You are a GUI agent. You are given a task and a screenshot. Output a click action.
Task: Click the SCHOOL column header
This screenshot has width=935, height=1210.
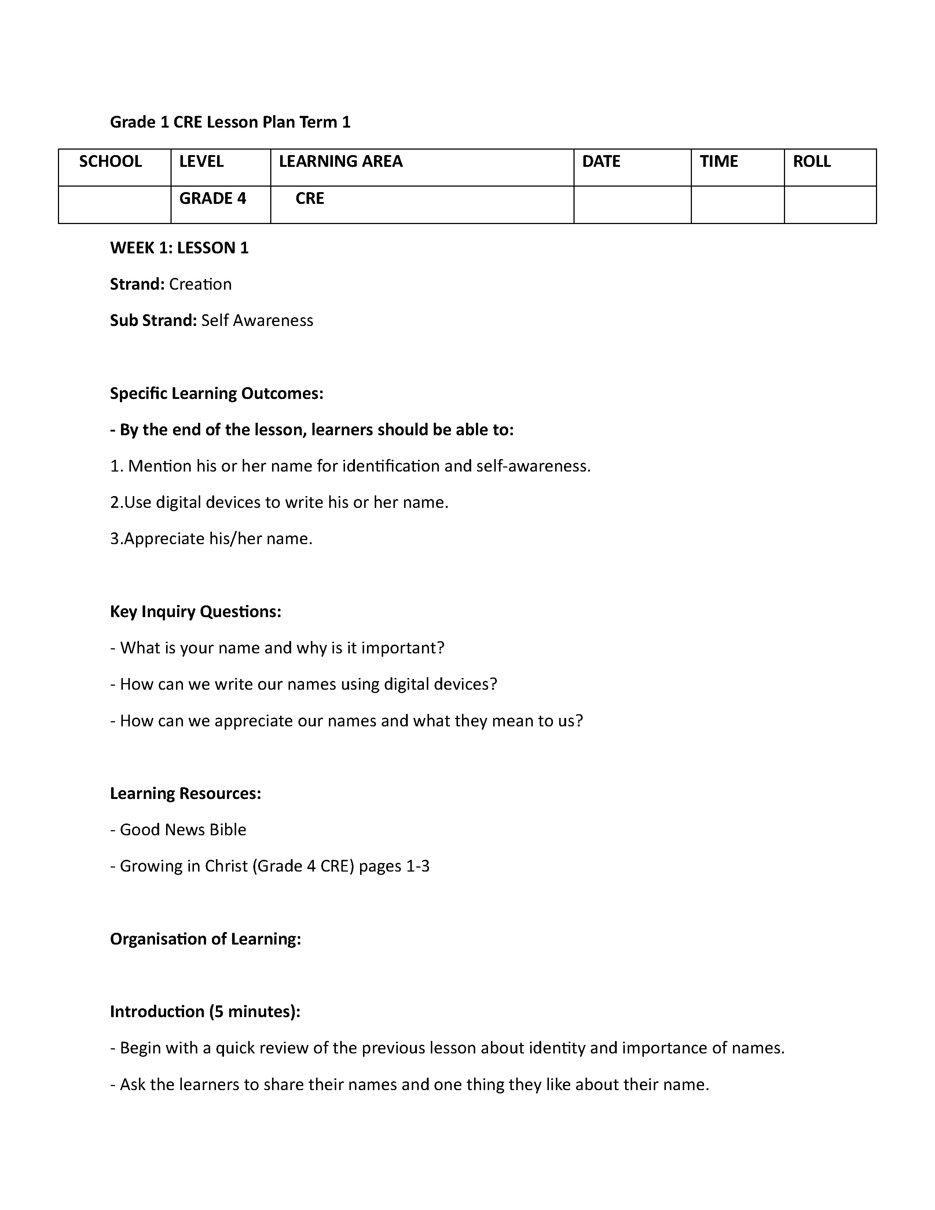pos(110,161)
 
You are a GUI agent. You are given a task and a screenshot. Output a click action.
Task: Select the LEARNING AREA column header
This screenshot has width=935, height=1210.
pos(340,161)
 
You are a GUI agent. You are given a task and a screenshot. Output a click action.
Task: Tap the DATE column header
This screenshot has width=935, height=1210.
pos(601,161)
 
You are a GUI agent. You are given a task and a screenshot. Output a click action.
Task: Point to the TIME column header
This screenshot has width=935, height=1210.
pos(718,161)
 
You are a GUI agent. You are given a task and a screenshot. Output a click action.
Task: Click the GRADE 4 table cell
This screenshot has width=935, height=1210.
pos(212,198)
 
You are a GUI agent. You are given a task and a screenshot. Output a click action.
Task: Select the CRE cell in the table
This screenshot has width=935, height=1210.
pos(309,198)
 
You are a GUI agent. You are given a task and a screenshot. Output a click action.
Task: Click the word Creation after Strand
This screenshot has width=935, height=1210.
pos(200,284)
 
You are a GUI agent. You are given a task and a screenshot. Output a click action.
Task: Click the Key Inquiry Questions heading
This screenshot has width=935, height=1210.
pos(195,612)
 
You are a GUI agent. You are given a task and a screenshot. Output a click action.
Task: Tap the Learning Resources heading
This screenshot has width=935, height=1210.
pos(185,793)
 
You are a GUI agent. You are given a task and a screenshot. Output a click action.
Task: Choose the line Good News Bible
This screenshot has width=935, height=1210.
pos(178,829)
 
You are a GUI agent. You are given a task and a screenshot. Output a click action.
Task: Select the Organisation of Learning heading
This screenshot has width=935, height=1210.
pos(205,939)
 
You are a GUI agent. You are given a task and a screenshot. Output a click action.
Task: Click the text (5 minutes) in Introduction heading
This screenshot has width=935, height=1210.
pos(254,1012)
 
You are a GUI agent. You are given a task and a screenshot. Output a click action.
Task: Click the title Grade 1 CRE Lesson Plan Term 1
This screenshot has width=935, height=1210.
pos(230,122)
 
